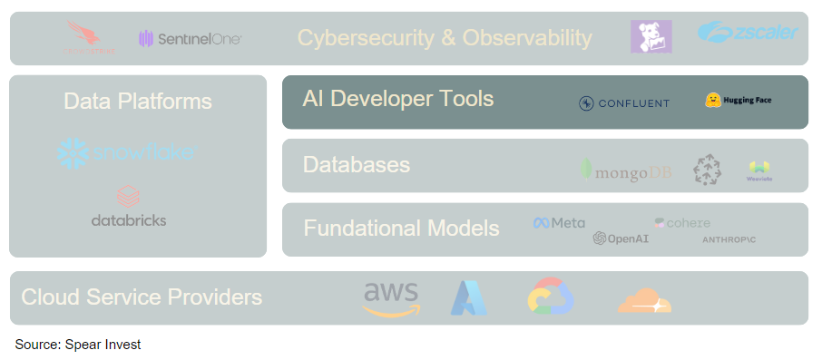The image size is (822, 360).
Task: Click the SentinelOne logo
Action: [191, 38]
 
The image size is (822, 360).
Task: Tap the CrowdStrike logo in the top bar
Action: [91, 38]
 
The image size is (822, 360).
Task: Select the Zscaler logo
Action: [749, 33]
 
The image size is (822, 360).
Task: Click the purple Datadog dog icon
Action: [651, 36]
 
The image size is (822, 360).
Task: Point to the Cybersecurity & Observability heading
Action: [445, 38]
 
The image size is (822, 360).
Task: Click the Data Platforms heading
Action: [138, 102]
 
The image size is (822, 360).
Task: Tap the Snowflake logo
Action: [128, 152]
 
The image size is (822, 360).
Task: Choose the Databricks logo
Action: [129, 208]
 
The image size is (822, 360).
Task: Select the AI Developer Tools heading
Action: [398, 98]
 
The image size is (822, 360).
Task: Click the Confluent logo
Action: [624, 102]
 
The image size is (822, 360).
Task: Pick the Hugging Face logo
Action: [738, 100]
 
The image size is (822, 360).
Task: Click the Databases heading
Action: [357, 165]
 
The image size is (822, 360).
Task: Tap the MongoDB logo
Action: [627, 170]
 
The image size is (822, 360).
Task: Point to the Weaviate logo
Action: [758, 170]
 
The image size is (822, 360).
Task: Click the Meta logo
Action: [559, 223]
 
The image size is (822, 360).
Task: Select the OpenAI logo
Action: [621, 238]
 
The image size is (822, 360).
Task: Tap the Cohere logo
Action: [682, 223]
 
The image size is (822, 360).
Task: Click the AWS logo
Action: [391, 298]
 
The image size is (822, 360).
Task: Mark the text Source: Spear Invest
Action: [78, 345]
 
